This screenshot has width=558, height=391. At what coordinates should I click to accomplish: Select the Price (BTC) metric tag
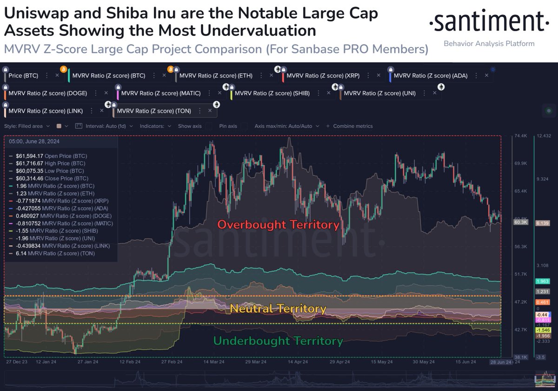23,75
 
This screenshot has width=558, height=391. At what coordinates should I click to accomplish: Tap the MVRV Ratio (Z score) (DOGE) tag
48,93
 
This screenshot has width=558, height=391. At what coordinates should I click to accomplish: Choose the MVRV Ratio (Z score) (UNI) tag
380,93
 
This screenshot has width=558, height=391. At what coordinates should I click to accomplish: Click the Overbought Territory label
279,225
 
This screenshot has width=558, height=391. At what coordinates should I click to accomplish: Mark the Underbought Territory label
278,341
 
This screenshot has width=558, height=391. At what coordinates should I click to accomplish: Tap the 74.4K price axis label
520,136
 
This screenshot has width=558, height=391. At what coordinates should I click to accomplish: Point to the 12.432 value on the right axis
544,136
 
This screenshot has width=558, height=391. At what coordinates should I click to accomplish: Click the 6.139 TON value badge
543,223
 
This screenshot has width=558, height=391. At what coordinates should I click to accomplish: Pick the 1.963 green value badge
543,281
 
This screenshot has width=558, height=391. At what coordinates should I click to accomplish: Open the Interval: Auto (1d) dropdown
104,126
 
